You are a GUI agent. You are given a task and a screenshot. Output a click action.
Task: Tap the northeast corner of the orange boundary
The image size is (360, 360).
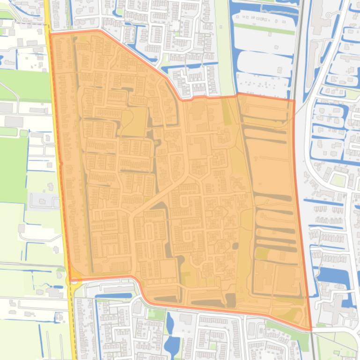pyautogui.click(x=294, y=100)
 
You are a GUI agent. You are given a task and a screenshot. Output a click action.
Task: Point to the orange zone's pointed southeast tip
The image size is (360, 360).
pyautogui.click(x=311, y=330)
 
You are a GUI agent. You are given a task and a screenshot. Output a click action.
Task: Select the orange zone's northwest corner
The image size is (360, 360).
pyautogui.click(x=50, y=34)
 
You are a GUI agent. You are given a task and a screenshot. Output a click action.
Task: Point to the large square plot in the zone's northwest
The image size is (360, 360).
pyautogui.click(x=134, y=122)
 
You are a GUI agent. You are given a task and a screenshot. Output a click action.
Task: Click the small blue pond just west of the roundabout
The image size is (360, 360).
pyautogui.click(x=58, y=287)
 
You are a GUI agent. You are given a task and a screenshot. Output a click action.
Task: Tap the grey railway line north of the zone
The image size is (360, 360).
pyautogui.click(x=298, y=47)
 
